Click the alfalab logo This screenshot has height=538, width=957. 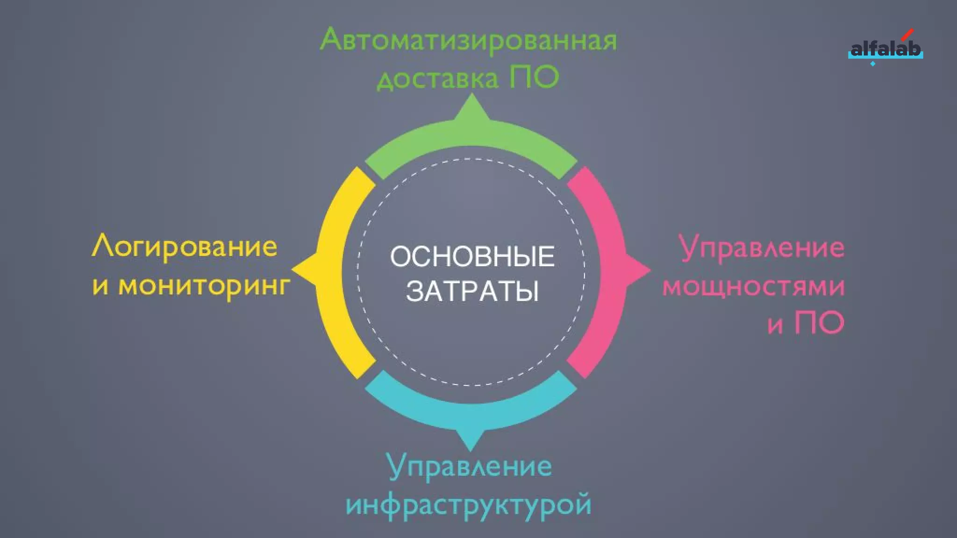pyautogui.click(x=885, y=49)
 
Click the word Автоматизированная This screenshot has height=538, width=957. pyautogui.click(x=469, y=40)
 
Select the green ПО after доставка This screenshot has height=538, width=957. pyautogui.click(x=534, y=77)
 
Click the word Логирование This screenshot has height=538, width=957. pyautogui.click(x=185, y=247)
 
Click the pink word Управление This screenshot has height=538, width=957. pyautogui.click(x=762, y=248)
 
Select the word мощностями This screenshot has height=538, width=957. pyautogui.click(x=754, y=286)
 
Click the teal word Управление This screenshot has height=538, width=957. pyautogui.click(x=470, y=467)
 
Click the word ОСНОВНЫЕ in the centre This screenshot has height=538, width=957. pyautogui.click(x=472, y=256)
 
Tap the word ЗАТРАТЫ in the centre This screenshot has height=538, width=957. pyautogui.click(x=472, y=291)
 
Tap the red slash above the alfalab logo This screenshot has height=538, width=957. pyautogui.click(x=907, y=34)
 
